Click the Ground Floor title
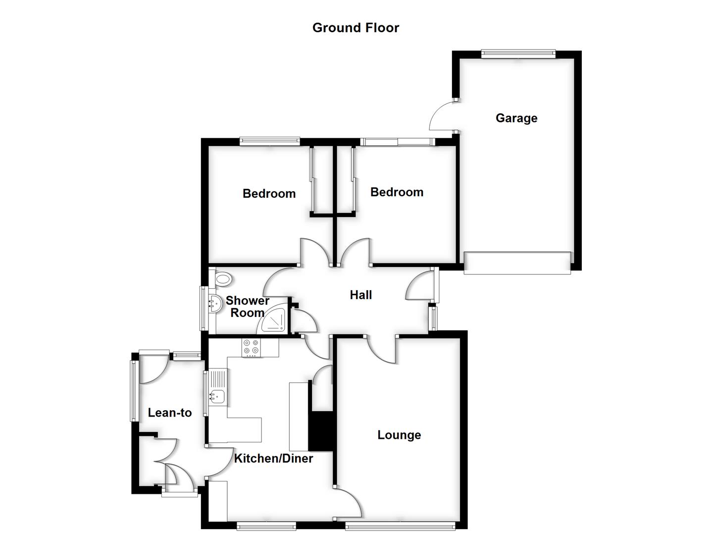(356, 28)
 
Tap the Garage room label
(516, 118)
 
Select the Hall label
(360, 295)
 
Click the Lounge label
(399, 435)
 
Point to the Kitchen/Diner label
(273, 458)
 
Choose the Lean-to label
(170, 413)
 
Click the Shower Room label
(248, 307)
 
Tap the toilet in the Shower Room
(223, 279)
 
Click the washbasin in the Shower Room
(214, 302)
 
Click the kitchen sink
(217, 395)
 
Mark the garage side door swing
(442, 116)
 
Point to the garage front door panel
(517, 263)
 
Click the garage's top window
(518, 53)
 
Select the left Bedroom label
(269, 194)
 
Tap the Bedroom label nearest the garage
(397, 192)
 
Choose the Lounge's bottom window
(400, 525)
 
